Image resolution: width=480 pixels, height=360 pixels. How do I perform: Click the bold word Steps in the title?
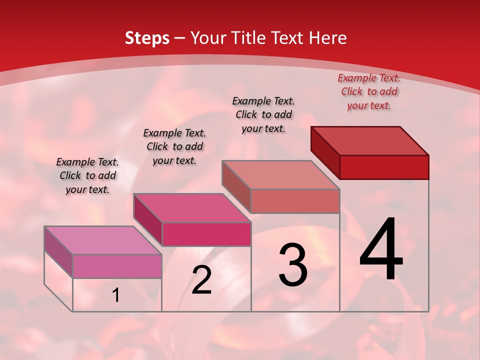pyautogui.click(x=147, y=38)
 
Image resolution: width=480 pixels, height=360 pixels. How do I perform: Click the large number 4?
pyautogui.click(x=381, y=250)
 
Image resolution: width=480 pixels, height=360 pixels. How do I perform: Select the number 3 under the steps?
pyautogui.click(x=293, y=265)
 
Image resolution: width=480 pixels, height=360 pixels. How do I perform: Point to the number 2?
pyautogui.click(x=201, y=280)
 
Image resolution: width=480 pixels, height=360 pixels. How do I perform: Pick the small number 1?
pyautogui.click(x=116, y=295)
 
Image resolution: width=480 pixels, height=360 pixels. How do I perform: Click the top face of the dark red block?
pyautogui.click(x=370, y=141)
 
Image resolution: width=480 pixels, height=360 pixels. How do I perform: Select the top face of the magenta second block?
pyautogui.click(x=192, y=208)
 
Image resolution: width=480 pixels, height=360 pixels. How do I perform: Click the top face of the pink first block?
pyautogui.click(x=103, y=240)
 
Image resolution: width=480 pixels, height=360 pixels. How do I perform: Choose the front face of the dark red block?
pyautogui.click(x=384, y=167)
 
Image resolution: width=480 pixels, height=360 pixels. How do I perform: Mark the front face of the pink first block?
pyautogui.click(x=117, y=266)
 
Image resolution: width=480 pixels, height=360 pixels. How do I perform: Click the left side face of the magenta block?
pyautogui.click(x=147, y=220)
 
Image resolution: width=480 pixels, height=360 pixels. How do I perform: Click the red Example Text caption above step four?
pyautogui.click(x=369, y=91)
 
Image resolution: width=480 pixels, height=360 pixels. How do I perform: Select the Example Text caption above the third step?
pyautogui.click(x=263, y=114)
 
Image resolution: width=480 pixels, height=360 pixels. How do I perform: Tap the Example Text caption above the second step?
pyautogui.click(x=174, y=146)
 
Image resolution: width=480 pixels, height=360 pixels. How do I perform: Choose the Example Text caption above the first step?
pyautogui.click(x=87, y=175)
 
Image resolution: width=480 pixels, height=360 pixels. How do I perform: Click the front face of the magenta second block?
pyautogui.click(x=206, y=234)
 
